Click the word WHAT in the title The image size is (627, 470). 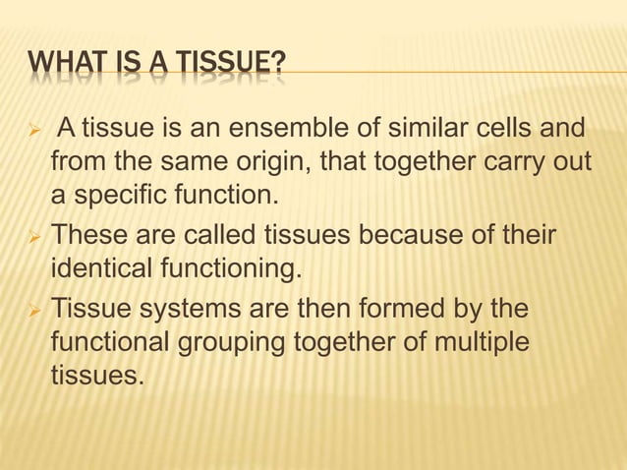pos(62,65)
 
